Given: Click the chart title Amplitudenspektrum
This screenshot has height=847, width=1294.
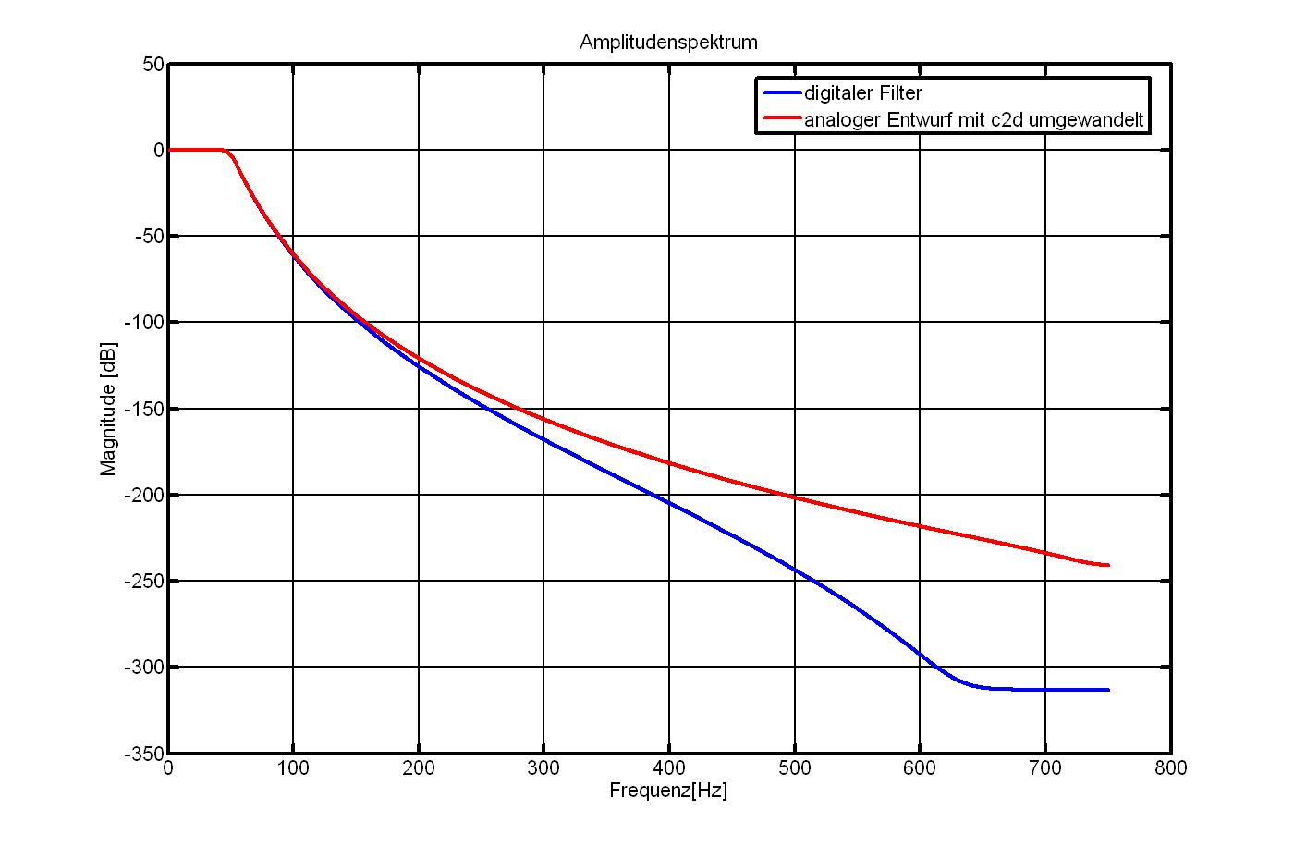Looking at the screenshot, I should coord(668,43).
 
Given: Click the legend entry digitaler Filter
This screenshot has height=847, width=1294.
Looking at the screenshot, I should coord(862,93).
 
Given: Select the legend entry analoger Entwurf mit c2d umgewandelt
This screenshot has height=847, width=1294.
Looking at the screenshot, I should coord(974,120).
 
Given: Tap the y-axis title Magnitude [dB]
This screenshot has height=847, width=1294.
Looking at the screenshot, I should coord(109,409).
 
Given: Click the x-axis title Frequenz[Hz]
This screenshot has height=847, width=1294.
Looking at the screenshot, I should coord(668,791).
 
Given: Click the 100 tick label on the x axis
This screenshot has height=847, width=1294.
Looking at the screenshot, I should coord(293,768).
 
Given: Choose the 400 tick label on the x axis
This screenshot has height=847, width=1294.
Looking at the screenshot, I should coord(669,768).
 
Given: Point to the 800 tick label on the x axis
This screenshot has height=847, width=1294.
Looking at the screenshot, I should coord(1170,768).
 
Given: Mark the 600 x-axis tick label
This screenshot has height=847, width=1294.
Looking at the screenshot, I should coord(920,768).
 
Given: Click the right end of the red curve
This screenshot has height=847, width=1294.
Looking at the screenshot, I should coord(1107,565).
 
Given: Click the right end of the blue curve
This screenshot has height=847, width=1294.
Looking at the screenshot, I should coord(1107,690).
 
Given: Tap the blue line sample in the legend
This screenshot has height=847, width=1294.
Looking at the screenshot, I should coord(782,92).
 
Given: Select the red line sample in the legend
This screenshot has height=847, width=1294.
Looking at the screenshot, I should coord(782,118).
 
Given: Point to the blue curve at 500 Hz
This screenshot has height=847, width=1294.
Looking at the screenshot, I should coord(794,567).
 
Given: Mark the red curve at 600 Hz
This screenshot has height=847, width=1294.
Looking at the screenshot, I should coord(920,526).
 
